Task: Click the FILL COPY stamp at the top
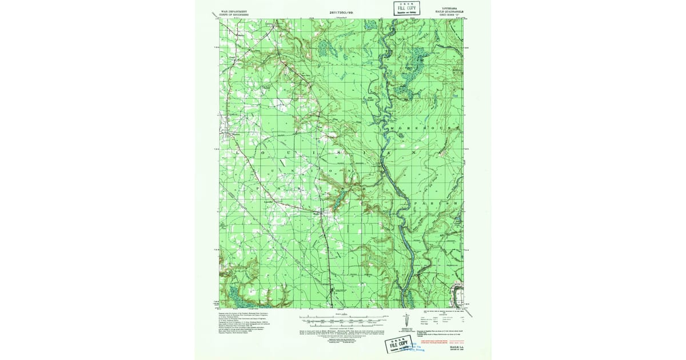pyautogui.click(x=406, y=8)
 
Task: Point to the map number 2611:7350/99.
pyautogui.click(x=342, y=12)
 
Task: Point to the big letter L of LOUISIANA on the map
pyautogui.click(x=236, y=153)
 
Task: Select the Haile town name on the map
pyautogui.click(x=316, y=214)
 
